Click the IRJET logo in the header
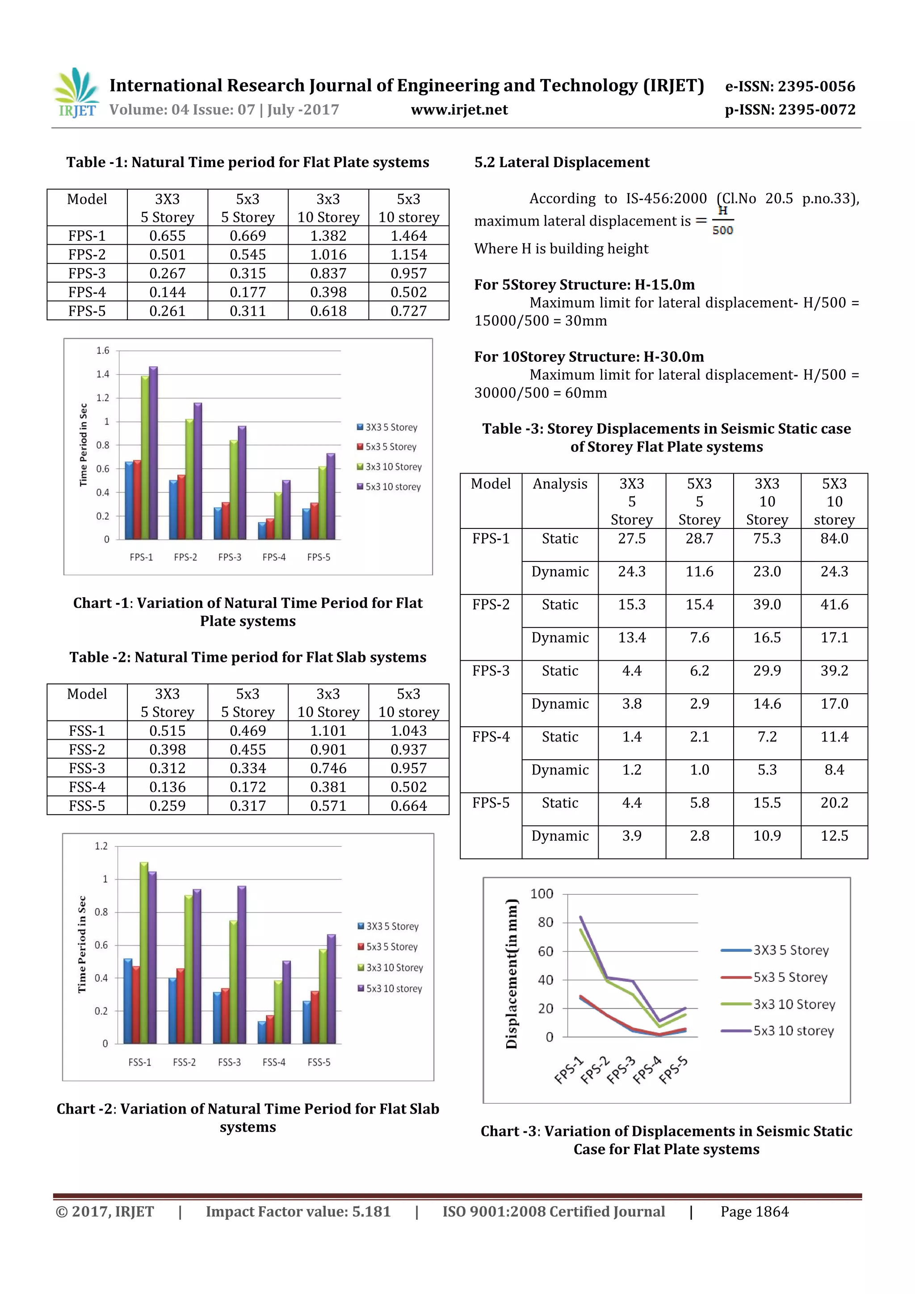pyautogui.click(x=76, y=93)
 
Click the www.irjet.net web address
pyautogui.click(x=459, y=110)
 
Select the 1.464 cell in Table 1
pyautogui.click(x=408, y=235)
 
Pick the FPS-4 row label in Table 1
pyautogui.click(x=87, y=292)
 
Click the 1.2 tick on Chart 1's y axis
pyautogui.click(x=103, y=398)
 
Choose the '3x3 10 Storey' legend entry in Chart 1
pyautogui.click(x=389, y=467)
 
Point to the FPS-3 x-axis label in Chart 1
pyautogui.click(x=230, y=557)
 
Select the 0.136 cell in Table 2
pyautogui.click(x=167, y=787)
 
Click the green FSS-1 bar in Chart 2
pyautogui.click(x=144, y=952)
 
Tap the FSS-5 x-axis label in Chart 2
pyautogui.click(x=319, y=1062)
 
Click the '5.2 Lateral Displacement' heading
pyautogui.click(x=562, y=162)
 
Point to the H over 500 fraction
pyautogui.click(x=722, y=220)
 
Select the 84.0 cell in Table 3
pyautogui.click(x=834, y=538)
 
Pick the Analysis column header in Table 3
pyautogui.click(x=560, y=484)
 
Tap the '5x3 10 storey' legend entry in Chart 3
pyautogui.click(x=778, y=1031)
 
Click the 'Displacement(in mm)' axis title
pyautogui.click(x=512, y=974)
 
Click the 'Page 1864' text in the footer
pyautogui.click(x=754, y=1212)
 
